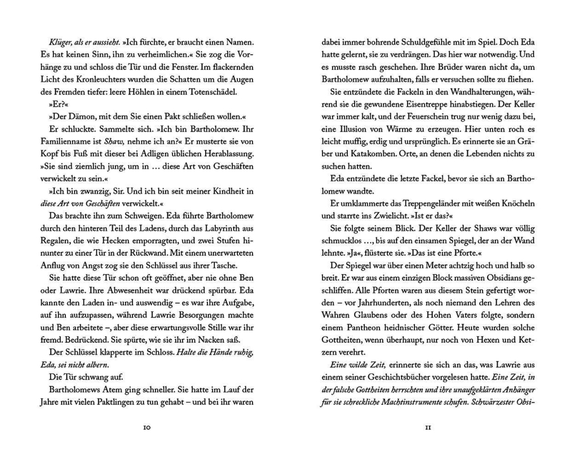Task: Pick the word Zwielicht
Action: pos(385,215)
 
